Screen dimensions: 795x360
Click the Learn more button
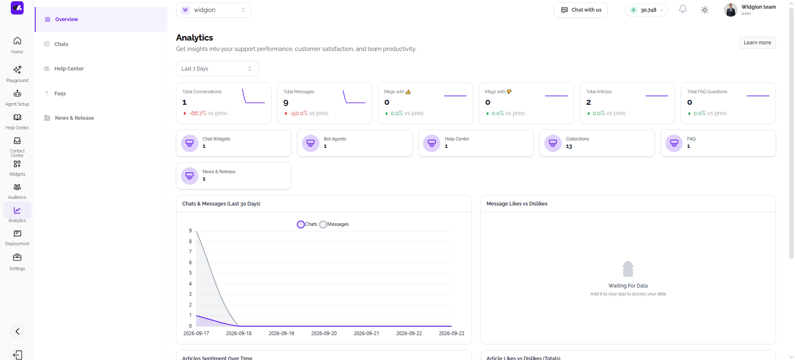coord(757,43)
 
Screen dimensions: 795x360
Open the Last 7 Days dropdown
coord(217,69)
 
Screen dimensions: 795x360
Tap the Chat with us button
coord(580,10)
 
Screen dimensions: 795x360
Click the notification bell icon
coord(682,9)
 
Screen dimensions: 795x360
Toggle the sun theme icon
coord(704,10)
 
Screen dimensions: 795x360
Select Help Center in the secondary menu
coord(69,69)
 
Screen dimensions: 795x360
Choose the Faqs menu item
coord(60,94)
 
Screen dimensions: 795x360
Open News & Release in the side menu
coord(74,118)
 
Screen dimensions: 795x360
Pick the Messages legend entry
coord(334,224)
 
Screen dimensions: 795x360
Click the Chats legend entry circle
coord(301,225)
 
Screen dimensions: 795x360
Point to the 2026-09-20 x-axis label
coord(324,333)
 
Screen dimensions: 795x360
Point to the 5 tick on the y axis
coord(191,273)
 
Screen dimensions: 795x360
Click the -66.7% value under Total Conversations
coord(197,113)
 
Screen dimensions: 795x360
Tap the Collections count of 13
coord(569,147)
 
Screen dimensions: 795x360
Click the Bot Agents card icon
coord(310,143)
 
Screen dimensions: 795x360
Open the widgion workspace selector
coord(213,10)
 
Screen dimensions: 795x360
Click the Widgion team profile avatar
coord(730,10)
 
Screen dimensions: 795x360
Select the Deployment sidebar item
coord(17,238)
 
